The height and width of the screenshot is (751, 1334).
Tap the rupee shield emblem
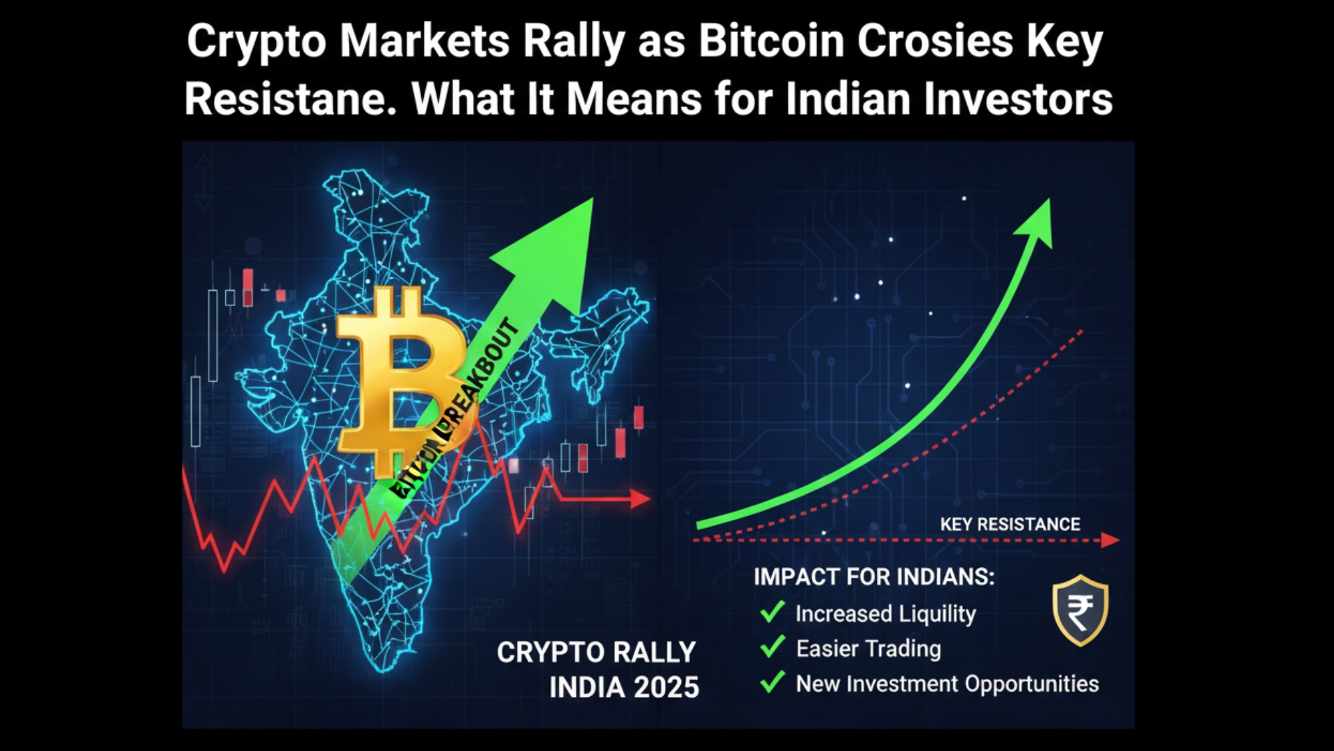coord(1080,610)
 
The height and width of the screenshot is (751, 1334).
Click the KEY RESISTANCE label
coord(1010,524)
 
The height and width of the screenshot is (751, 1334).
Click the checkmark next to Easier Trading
coord(772,647)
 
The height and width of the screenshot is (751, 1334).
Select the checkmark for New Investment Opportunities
coord(772,681)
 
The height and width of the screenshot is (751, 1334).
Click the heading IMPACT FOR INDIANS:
coord(873,576)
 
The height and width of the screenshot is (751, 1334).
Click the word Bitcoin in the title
coord(771,42)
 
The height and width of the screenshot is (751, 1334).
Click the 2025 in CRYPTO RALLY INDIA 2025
coord(666,687)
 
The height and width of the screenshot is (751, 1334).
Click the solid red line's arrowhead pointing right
coord(641,499)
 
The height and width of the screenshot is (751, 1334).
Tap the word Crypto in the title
coord(256,42)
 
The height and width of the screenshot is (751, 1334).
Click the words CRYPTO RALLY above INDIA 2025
coord(595,652)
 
